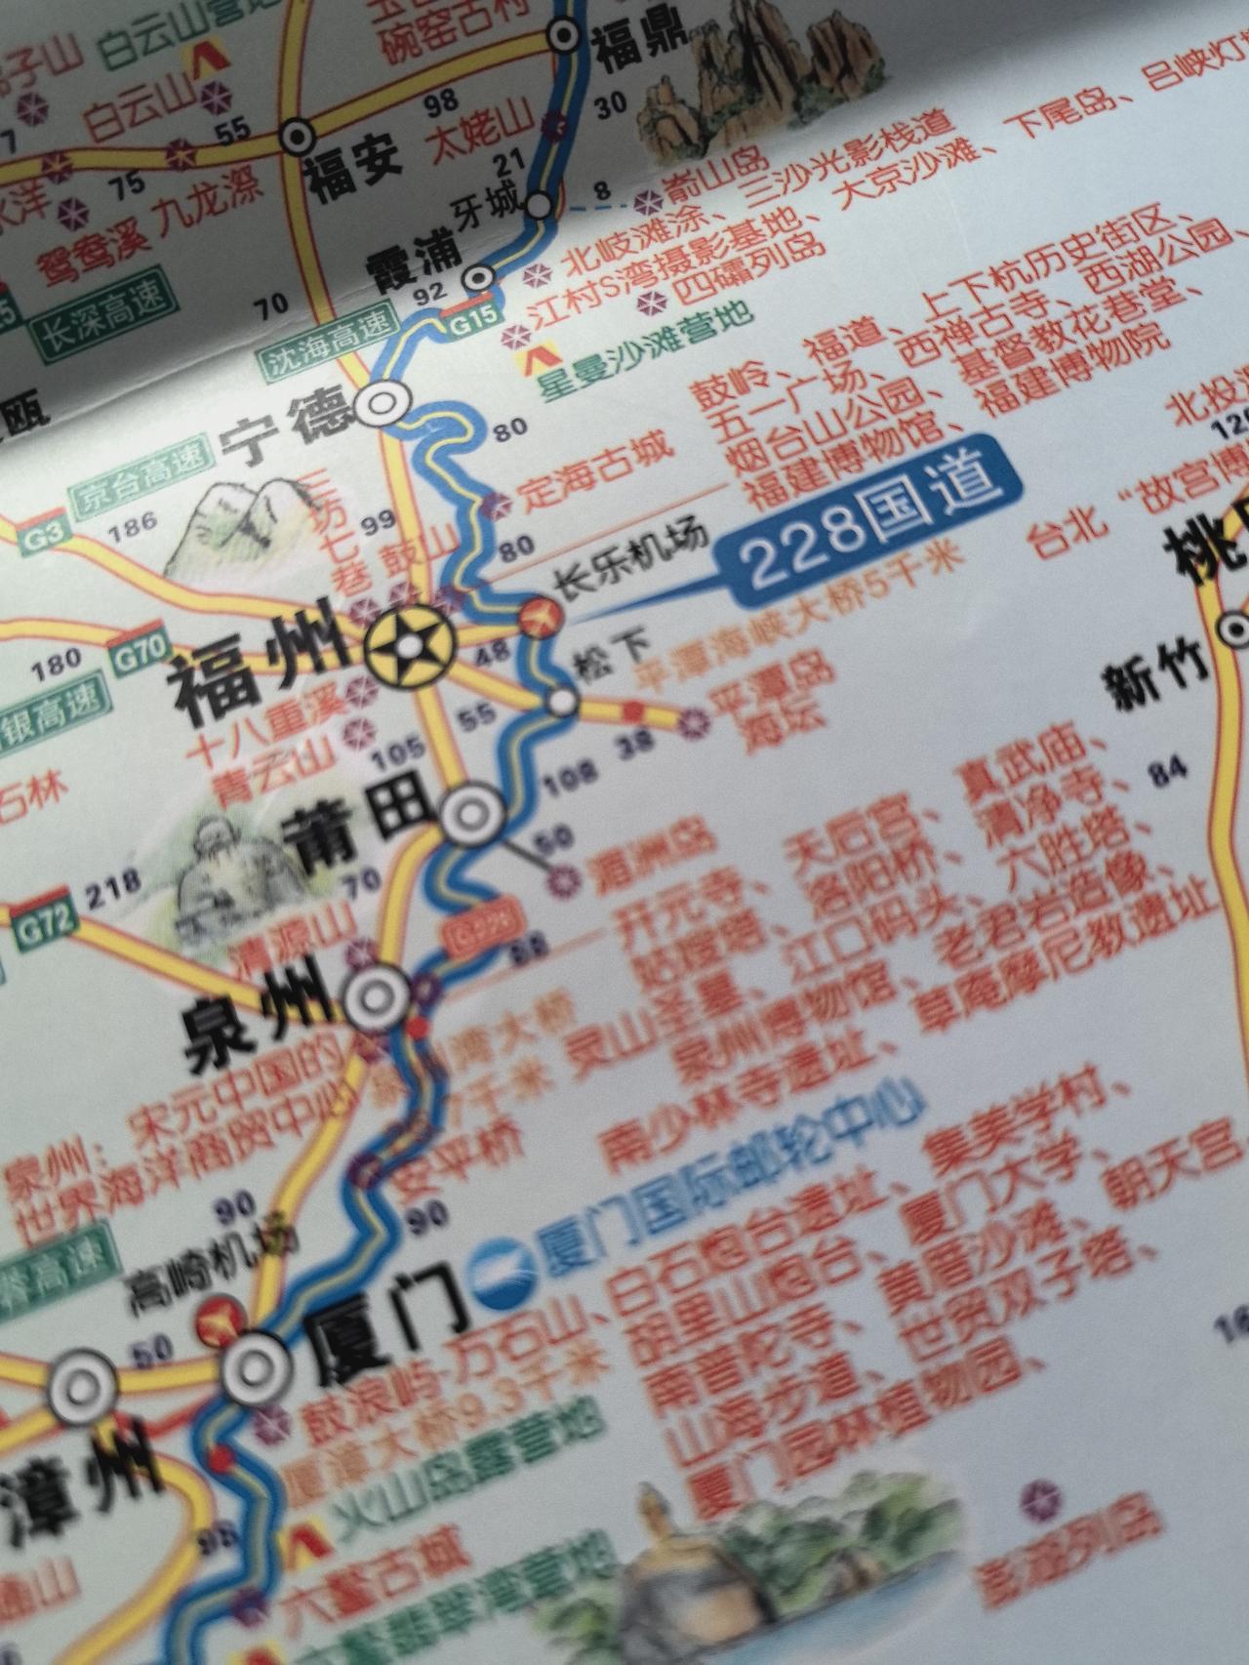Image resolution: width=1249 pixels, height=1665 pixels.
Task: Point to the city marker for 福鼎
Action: coord(564,37)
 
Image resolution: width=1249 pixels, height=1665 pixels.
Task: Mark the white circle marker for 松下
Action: coord(562,702)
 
